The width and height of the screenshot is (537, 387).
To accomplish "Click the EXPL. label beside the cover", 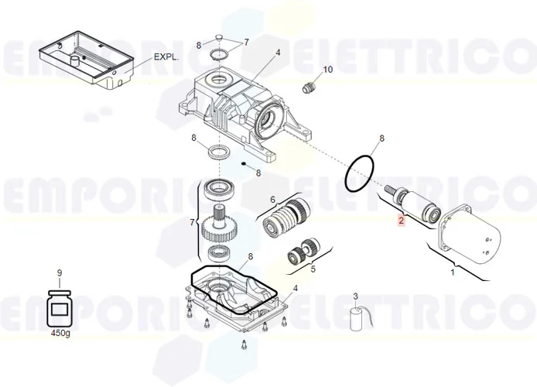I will click(x=166, y=57).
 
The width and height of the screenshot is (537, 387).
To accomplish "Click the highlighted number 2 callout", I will click(x=401, y=221).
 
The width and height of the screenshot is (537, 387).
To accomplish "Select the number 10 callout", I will click(x=327, y=70).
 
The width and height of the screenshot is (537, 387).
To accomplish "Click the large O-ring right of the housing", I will click(x=362, y=175).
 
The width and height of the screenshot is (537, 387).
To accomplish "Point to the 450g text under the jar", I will click(x=60, y=333).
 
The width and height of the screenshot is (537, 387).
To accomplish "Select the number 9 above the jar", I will click(x=60, y=272).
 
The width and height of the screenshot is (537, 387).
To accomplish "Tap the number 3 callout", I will click(x=355, y=296).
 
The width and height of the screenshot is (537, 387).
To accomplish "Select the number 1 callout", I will click(x=453, y=272).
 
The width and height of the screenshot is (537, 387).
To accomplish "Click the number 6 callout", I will click(x=272, y=200).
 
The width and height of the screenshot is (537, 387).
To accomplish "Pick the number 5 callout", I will click(x=313, y=270).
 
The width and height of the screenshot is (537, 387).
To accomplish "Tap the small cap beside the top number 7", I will click(x=220, y=39).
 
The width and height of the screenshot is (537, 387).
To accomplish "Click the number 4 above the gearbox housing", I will click(x=278, y=53).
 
